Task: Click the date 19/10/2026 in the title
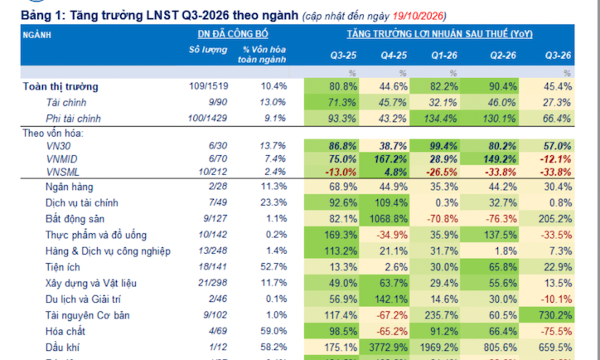418,16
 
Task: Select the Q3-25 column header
343,55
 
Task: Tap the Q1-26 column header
444,55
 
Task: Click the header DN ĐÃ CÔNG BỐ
233,34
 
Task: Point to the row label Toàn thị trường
60,87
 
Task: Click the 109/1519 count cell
209,86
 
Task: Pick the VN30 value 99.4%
443,146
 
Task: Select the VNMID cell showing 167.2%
390,159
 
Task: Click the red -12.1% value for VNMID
556,159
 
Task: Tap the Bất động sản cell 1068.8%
388,219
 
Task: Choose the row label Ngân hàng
69,187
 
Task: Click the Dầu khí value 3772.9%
388,347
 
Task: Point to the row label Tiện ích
63,267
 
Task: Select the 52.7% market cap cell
274,267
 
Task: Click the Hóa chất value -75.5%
557,331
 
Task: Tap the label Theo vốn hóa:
53,133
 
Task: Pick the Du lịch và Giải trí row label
83,299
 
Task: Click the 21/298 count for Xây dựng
213,283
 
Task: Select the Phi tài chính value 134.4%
440,119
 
